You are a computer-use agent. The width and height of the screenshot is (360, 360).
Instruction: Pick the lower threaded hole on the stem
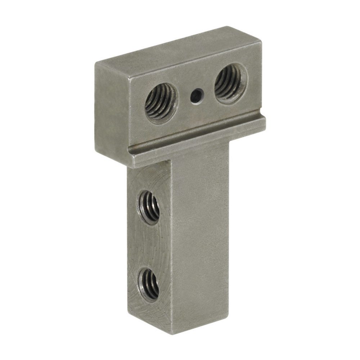149,283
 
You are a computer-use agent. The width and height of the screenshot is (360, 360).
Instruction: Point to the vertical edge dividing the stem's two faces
172,252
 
